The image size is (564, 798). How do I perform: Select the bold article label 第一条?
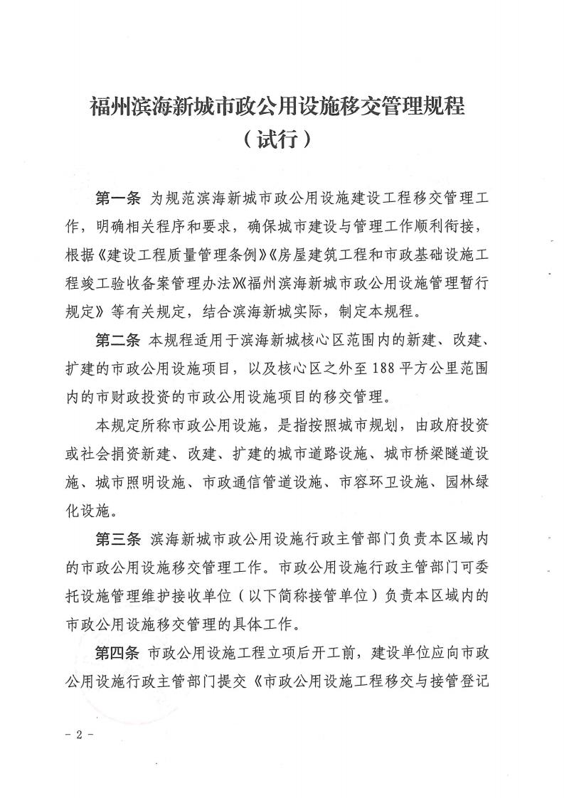pos(118,197)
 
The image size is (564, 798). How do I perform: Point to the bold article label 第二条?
pos(118,341)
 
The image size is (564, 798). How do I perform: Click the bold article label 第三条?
pos(118,541)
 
